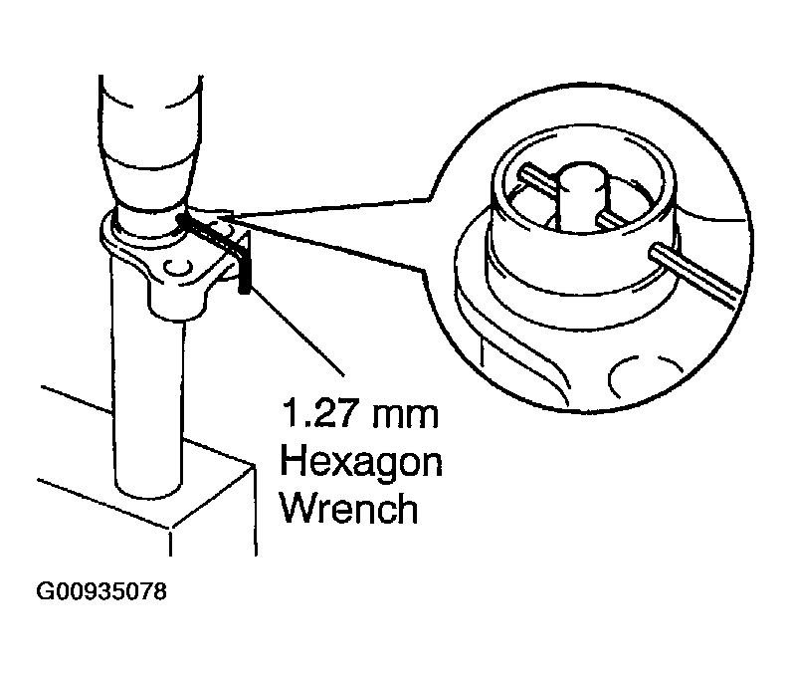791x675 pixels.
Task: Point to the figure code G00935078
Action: (102, 593)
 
